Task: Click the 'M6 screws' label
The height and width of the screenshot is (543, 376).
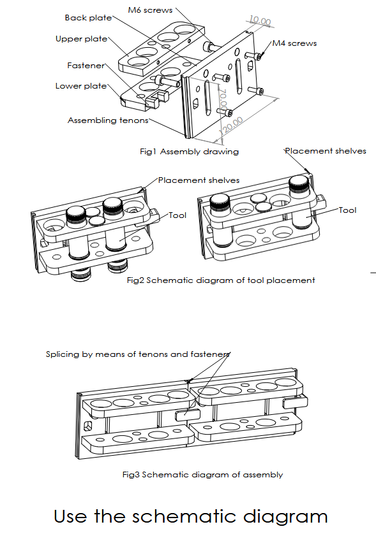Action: point(150,10)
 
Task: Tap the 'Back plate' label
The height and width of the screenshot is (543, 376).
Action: point(89,18)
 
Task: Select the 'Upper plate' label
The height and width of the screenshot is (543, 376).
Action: point(82,39)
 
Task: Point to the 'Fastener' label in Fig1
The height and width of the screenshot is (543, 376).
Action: point(86,66)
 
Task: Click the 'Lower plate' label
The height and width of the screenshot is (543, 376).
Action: point(81,86)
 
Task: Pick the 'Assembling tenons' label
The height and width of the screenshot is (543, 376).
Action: point(108,120)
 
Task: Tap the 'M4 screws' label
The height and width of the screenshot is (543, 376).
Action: point(294,43)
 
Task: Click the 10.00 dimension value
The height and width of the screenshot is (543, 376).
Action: point(260,21)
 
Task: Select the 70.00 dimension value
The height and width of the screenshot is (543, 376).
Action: point(223,99)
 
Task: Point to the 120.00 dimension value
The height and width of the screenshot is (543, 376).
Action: point(231,126)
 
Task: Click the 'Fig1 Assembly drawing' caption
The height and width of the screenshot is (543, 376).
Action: point(190,152)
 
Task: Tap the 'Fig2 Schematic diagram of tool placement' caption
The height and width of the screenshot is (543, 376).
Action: point(221,280)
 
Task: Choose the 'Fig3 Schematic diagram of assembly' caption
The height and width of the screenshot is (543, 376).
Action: point(202,474)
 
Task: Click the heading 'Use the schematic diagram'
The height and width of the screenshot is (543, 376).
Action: point(191,517)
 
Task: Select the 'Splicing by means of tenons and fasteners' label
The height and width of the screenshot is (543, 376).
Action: point(138,354)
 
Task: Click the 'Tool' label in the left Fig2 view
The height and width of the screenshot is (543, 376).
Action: point(177,215)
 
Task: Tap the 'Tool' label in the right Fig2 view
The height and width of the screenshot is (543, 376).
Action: point(347,210)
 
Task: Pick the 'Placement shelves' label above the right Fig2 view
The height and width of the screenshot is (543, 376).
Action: point(326,151)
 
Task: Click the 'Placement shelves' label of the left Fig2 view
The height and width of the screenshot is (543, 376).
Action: point(199,180)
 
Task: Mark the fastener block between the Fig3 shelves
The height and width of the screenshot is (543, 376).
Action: point(188,415)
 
